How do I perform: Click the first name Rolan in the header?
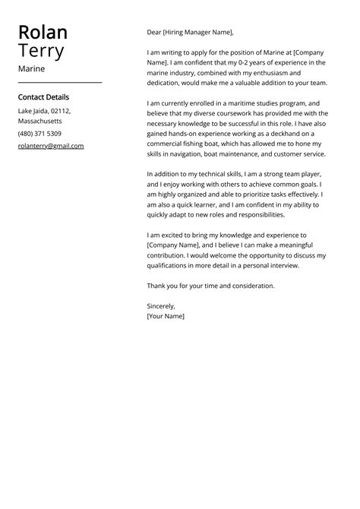click(x=43, y=32)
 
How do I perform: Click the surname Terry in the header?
click(x=41, y=52)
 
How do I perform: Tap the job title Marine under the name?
click(x=31, y=68)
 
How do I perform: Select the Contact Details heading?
click(x=43, y=97)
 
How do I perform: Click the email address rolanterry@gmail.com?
click(x=51, y=146)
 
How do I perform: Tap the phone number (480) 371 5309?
click(x=39, y=134)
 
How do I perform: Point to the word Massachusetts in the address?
click(x=39, y=122)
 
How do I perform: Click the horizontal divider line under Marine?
click(x=59, y=82)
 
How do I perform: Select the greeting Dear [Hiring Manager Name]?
click(x=190, y=33)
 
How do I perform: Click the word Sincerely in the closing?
click(x=161, y=305)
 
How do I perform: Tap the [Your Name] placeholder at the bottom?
click(x=166, y=315)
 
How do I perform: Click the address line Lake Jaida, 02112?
click(x=44, y=111)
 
